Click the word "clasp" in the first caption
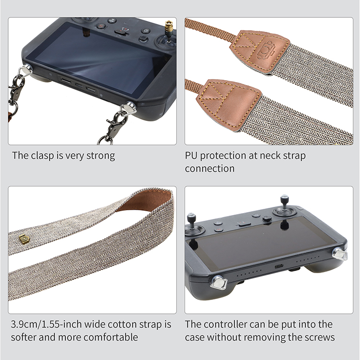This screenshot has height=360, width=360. [x=42, y=156]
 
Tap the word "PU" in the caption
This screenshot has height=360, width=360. [x=191, y=156]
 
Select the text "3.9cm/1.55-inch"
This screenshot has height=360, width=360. [x=46, y=324]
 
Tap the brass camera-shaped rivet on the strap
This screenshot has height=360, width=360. [x=24, y=239]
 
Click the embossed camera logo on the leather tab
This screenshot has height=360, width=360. [x=265, y=50]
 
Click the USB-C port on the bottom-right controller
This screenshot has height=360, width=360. [x=279, y=266]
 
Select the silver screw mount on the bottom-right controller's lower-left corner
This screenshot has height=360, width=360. [x=218, y=282]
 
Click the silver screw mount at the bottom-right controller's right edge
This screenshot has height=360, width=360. [x=339, y=254]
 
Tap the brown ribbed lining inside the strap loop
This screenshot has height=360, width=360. [x=145, y=200]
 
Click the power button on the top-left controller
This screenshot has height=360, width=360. [x=145, y=31]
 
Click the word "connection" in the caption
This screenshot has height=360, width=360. [x=210, y=169]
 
